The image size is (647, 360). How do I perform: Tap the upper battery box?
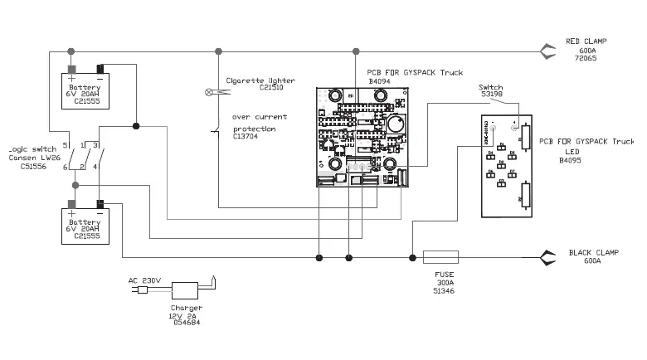point(85,93)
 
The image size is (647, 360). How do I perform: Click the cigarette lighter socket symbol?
point(208,90)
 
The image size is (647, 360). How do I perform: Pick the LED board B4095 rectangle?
point(508,166)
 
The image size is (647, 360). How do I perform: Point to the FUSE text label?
point(444,275)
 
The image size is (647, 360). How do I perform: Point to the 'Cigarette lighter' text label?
point(255,80)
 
